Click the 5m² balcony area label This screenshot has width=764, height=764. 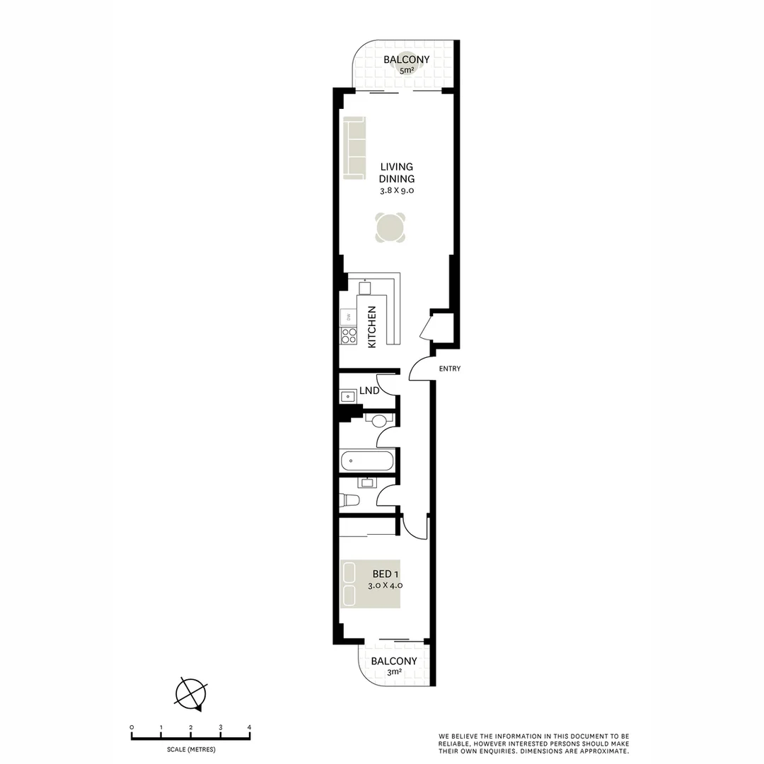click(406, 71)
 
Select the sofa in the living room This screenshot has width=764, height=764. click(354, 149)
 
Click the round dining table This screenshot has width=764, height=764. click(391, 228)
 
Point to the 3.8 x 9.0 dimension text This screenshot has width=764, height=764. click(396, 191)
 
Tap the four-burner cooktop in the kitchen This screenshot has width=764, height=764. click(349, 335)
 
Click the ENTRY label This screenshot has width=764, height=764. click(449, 369)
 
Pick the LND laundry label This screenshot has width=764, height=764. click(369, 390)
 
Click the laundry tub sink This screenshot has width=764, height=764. click(348, 397)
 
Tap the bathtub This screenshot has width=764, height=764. click(367, 462)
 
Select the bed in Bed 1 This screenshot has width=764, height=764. click(370, 584)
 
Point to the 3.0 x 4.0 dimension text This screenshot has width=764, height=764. click(386, 586)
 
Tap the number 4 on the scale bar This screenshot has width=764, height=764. click(249, 727)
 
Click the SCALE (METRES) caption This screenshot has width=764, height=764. click(191, 749)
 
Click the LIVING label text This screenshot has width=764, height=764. click(396, 167)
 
